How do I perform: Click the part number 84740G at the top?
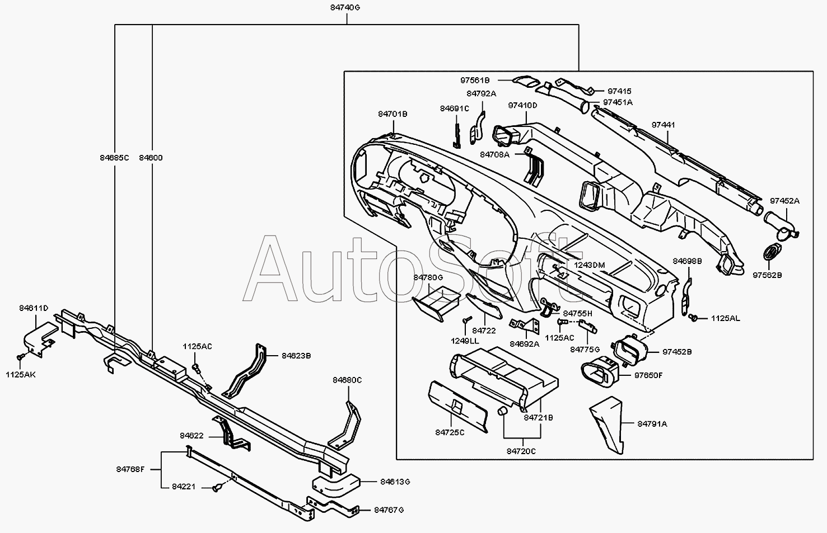[345, 7]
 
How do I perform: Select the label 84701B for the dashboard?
[393, 114]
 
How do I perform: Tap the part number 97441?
[663, 125]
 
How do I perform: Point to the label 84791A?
[652, 424]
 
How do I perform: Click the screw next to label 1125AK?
[21, 357]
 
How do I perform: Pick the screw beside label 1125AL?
[693, 317]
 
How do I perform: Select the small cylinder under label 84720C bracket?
[502, 411]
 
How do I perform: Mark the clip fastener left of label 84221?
[217, 488]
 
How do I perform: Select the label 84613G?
[395, 482]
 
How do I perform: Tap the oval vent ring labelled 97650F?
[600, 372]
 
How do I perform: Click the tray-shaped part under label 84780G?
[436, 303]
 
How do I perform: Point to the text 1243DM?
[590, 265]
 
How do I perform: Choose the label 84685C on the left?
[114, 158]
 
